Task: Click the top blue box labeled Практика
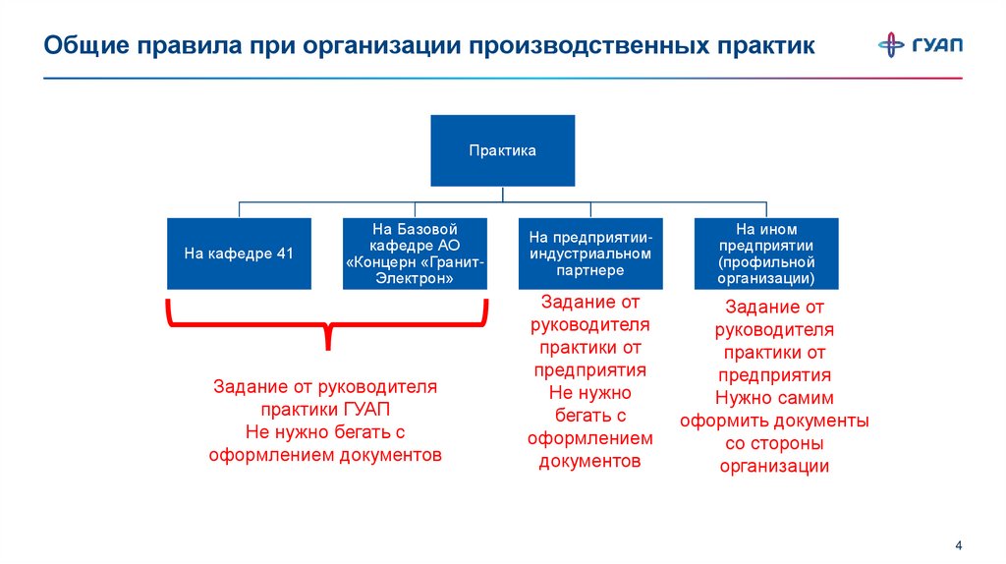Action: tap(502, 150)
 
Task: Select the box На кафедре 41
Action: tap(239, 254)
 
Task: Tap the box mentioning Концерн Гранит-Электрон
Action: tap(415, 254)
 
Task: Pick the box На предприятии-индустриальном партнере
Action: tap(590, 254)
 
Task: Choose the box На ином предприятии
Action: tap(765, 254)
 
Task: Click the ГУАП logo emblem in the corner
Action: tap(892, 45)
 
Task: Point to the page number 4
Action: tap(958, 546)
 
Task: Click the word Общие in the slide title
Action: tap(87, 46)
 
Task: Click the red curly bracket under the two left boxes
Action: tap(326, 324)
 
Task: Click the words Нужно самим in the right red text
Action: tap(774, 398)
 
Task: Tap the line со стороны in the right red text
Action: tap(774, 443)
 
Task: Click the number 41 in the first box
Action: tap(285, 254)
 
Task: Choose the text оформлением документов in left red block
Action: tap(326, 455)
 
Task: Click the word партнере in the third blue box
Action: tap(590, 269)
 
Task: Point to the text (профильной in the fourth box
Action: tap(766, 262)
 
